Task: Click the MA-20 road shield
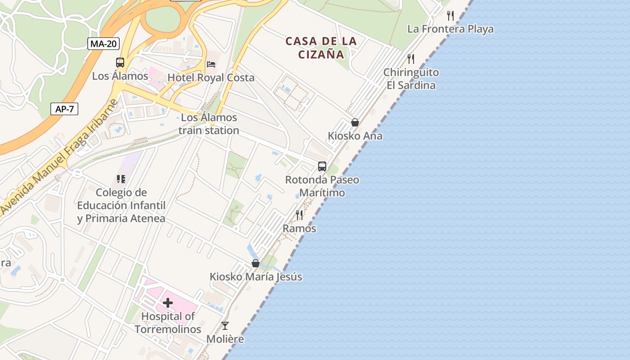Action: pos(103,44)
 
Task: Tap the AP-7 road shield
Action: pos(64,109)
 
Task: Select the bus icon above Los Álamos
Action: pos(120,63)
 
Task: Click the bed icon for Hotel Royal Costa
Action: pos(211,64)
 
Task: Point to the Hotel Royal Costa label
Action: pos(211,78)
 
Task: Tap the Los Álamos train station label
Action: pos(209,124)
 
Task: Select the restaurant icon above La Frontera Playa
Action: pos(450,16)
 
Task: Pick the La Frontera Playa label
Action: pos(450,29)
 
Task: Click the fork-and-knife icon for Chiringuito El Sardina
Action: pos(411,59)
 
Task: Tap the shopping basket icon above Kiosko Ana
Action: pos(355,122)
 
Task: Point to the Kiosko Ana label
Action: pos(355,136)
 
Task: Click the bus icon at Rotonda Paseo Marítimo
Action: pos(322,166)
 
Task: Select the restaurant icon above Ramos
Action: pos(299,215)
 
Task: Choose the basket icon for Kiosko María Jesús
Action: pos(256,263)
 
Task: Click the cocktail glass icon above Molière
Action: pos(225,325)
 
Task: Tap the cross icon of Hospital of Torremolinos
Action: pos(168,303)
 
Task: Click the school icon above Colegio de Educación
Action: pos(121,179)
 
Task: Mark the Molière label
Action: pos(225,339)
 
